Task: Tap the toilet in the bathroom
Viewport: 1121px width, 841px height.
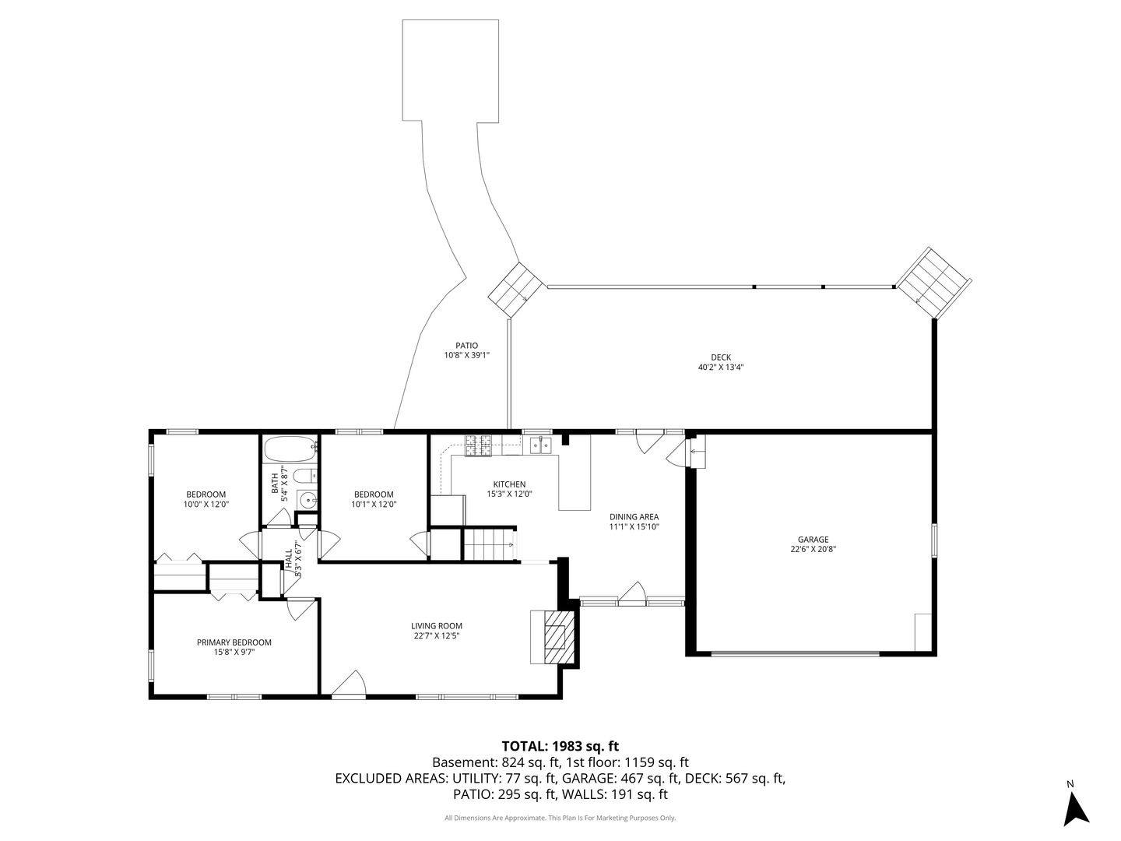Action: pos(308,474)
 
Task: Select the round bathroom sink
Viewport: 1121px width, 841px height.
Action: pos(308,501)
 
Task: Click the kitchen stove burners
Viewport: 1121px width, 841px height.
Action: pos(479,445)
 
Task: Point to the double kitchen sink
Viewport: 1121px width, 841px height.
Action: pos(540,445)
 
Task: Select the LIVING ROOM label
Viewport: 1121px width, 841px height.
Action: pos(437,625)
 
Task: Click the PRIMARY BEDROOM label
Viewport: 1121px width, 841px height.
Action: pos(234,642)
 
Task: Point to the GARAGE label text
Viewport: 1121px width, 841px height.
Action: pos(813,539)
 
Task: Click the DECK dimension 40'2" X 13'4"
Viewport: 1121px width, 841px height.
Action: pos(720,367)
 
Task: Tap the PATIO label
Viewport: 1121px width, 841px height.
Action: pos(466,345)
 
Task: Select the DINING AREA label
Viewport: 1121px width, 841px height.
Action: pos(634,516)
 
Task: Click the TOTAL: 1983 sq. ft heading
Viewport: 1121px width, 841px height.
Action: pos(560,745)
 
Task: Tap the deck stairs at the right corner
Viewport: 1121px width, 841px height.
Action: pos(933,282)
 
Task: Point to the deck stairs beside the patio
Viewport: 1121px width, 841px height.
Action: pos(515,289)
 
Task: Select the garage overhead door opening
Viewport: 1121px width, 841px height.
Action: pos(795,653)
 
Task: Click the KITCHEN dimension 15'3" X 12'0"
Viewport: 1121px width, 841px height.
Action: pos(509,494)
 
